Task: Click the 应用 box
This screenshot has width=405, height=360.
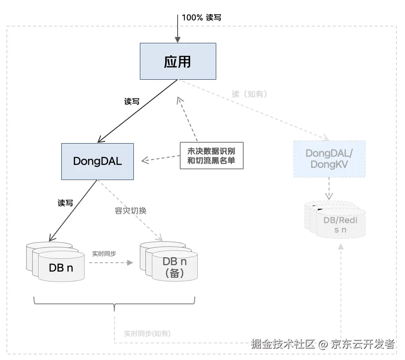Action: tap(178, 61)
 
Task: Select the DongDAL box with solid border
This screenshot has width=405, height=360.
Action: tap(97, 161)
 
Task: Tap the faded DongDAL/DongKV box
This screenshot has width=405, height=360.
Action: tap(329, 159)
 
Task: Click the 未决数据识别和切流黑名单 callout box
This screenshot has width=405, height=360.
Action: tap(211, 156)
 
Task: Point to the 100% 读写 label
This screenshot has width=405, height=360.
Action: tap(202, 18)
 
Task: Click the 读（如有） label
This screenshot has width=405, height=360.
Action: tap(249, 94)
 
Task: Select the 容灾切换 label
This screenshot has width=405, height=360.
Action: tap(131, 211)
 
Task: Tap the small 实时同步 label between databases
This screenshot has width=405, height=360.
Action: tap(104, 253)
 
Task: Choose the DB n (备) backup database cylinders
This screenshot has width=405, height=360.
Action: tap(171, 262)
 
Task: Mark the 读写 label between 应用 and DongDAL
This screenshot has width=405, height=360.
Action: tap(132, 102)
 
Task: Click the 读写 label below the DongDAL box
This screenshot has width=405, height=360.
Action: tap(65, 203)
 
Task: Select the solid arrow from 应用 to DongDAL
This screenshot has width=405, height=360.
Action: tap(137, 111)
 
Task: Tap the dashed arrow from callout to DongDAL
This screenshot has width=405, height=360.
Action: tap(160, 159)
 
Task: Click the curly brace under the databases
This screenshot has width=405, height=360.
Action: tap(114, 305)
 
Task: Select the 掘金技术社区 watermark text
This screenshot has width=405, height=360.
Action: tap(283, 344)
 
